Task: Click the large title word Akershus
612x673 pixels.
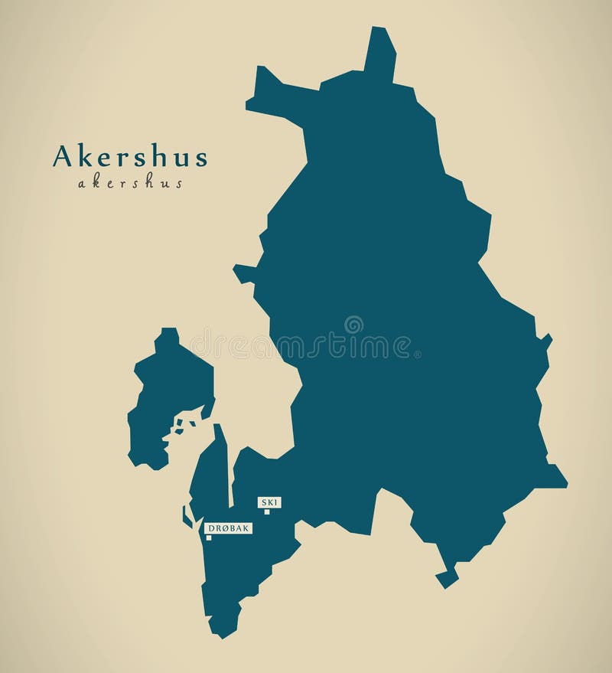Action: (x=130, y=157)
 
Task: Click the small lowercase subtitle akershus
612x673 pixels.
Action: (x=130, y=184)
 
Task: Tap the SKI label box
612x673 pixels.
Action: (x=270, y=502)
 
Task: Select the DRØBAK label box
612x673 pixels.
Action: (x=228, y=528)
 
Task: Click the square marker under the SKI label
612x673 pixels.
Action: (x=267, y=511)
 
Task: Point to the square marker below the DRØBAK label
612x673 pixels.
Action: (x=208, y=537)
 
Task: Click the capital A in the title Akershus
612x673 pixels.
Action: (x=61, y=156)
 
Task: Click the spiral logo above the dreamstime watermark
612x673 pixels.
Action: (x=353, y=325)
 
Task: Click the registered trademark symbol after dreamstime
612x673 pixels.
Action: (x=417, y=354)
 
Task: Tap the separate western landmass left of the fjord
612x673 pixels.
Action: (x=168, y=398)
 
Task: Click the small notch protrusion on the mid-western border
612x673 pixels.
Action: (x=243, y=272)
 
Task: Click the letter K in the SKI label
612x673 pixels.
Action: (x=270, y=502)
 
